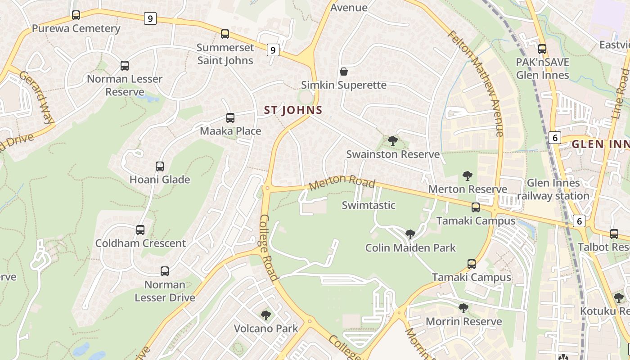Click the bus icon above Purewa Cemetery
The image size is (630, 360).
pos(76,15)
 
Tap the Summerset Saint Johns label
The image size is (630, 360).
pos(225,54)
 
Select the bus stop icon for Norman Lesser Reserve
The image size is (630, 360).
pos(125,66)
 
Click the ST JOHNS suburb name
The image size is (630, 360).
pos(293,110)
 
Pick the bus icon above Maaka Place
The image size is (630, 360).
pos(230,118)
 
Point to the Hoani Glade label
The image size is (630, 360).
pos(160,180)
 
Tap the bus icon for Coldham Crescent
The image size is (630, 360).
pos(140,230)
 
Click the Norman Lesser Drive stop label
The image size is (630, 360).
pos(165,291)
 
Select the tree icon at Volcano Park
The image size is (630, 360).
pos(266,315)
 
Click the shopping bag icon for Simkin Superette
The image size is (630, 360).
pos(344,72)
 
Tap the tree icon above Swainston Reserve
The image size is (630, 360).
pos(393,141)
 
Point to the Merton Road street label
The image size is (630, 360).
pos(342,181)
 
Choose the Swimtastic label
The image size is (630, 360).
pos(369,205)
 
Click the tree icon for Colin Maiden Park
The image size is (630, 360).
pos(410,234)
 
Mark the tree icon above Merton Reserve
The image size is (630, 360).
pos(468,175)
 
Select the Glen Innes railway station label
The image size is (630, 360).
pos(553,189)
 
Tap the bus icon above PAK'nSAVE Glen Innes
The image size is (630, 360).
pos(542,49)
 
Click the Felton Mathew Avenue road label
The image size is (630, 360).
pos(475,83)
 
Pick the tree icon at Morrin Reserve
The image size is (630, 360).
pos(463,308)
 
